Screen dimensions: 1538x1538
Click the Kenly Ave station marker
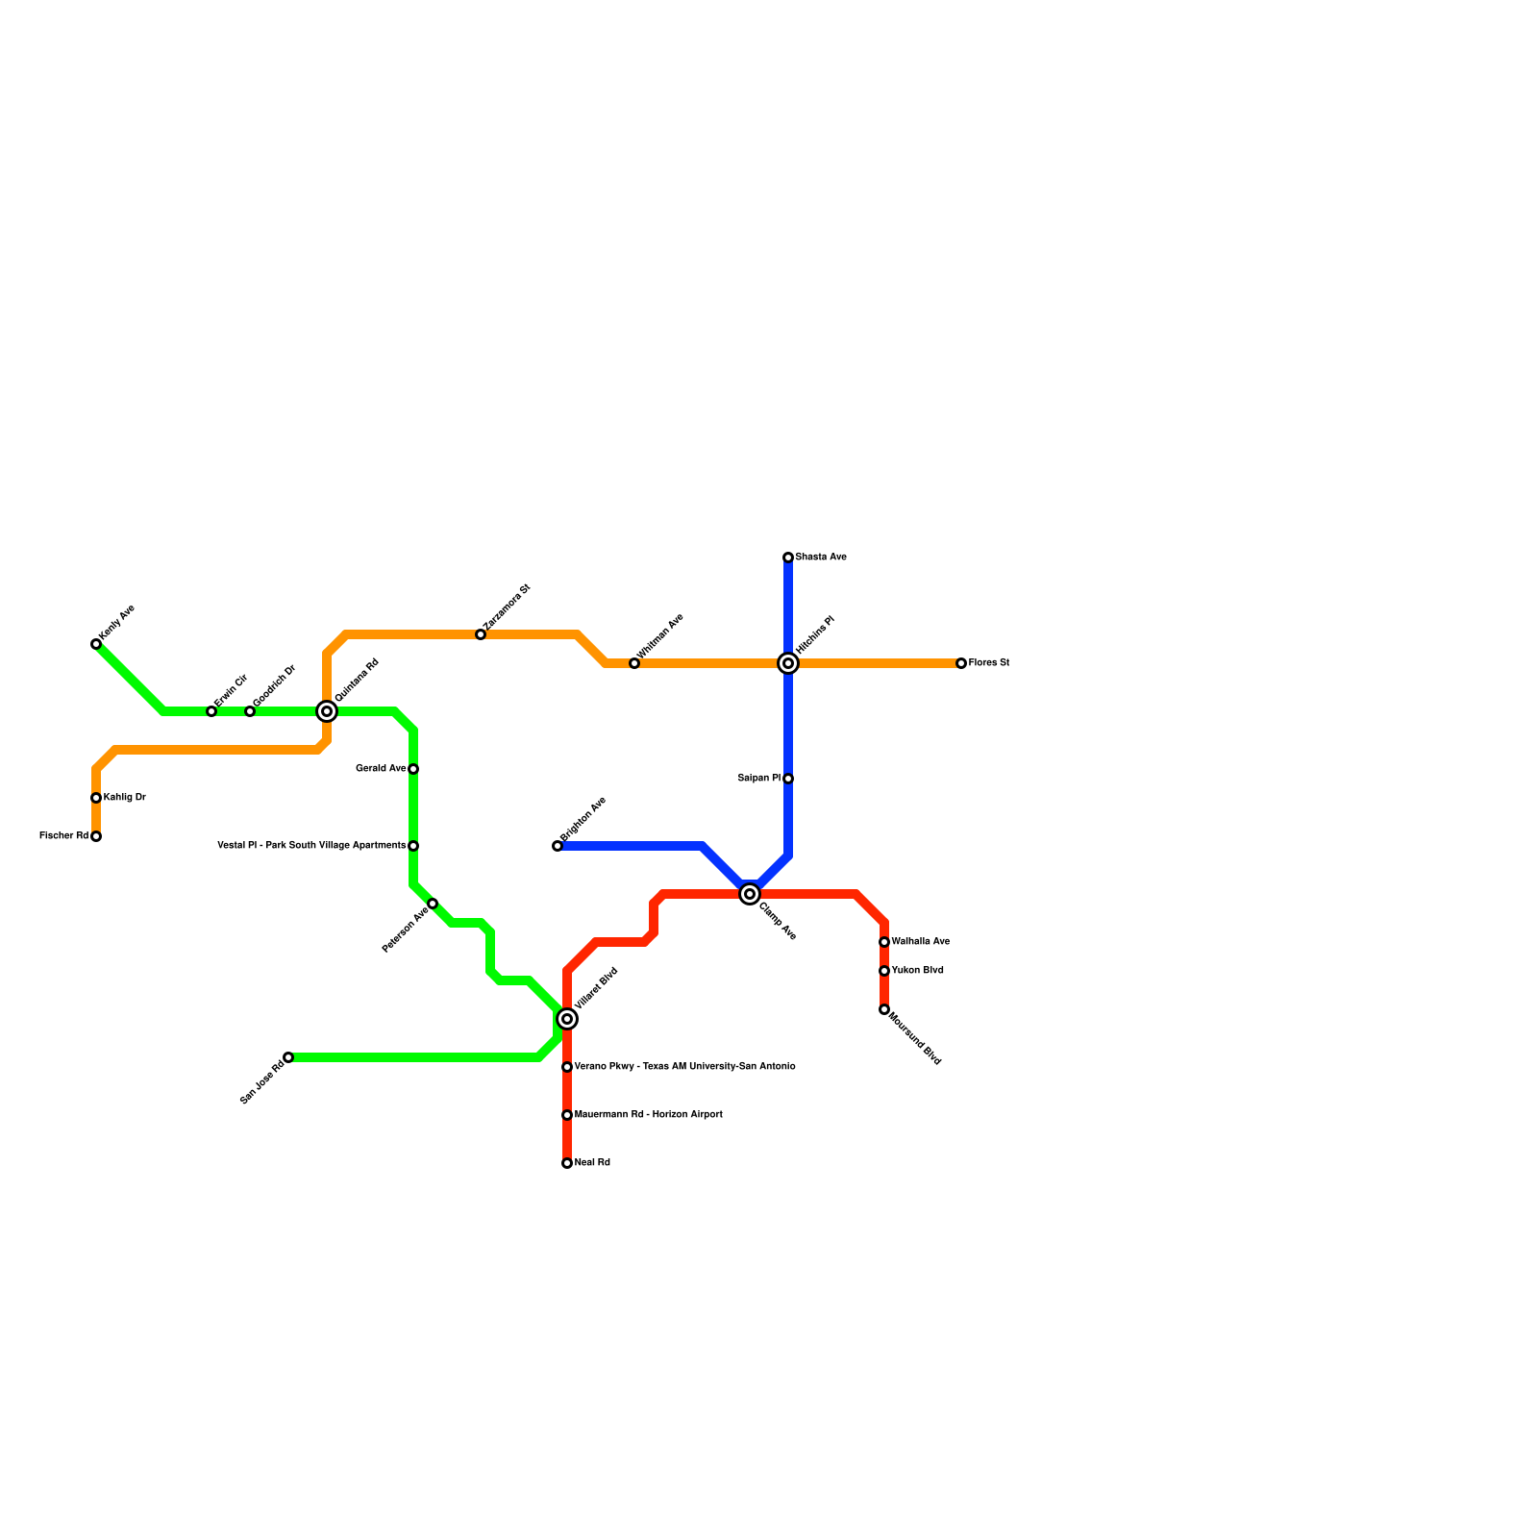[x=96, y=644]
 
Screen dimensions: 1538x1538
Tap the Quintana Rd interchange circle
[x=327, y=711]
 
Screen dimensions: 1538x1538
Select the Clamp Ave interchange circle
[x=750, y=894]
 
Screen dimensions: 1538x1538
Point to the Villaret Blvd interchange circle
[x=567, y=1019]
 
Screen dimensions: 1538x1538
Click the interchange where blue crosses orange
[x=788, y=663]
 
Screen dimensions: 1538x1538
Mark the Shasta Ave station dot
[x=788, y=558]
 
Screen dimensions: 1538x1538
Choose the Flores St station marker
[x=961, y=663]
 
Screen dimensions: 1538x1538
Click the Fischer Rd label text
[x=63, y=836]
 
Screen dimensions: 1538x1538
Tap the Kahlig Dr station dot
[x=96, y=798]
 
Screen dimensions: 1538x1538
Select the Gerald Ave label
[x=381, y=769]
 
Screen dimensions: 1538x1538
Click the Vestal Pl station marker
[x=413, y=846]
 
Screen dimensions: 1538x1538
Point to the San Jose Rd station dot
[x=288, y=1057]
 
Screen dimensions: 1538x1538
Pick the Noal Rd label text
[x=592, y=1163]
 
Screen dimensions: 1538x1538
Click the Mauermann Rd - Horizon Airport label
[x=648, y=1115]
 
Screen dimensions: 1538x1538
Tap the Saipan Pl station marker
[x=788, y=779]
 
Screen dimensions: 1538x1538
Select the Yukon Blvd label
[x=917, y=971]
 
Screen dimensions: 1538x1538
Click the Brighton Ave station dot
[x=558, y=846]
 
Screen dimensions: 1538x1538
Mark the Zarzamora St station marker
[x=481, y=634]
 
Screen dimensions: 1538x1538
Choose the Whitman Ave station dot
[x=634, y=663]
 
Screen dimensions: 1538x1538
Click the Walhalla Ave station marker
[x=884, y=942]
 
